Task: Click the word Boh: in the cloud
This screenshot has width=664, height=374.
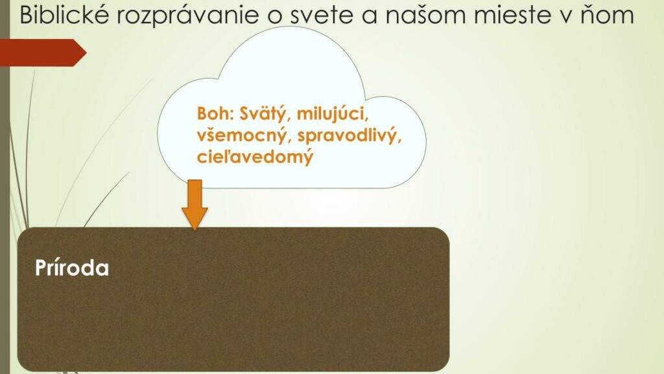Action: (215, 114)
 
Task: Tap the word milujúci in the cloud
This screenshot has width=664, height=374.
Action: (333, 114)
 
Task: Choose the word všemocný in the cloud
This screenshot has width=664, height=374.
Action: (244, 136)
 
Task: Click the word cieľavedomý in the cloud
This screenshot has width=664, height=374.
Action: (255, 157)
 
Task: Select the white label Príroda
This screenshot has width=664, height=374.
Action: (72, 268)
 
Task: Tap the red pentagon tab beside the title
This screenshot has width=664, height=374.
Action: (43, 53)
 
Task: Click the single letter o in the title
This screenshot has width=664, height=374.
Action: (276, 17)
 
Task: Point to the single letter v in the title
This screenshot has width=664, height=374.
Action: (562, 17)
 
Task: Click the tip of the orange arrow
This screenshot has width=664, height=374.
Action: (195, 231)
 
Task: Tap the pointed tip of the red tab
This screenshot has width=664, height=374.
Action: (86, 53)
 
